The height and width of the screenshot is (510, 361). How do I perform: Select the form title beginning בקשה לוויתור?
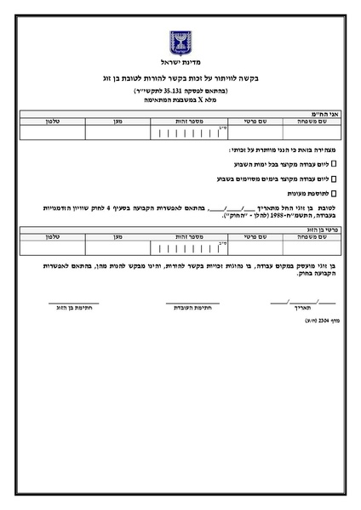[x=180, y=78]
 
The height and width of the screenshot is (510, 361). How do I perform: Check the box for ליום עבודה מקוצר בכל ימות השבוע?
[x=333, y=162]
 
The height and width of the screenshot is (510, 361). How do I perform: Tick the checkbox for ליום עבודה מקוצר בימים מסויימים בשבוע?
[x=333, y=178]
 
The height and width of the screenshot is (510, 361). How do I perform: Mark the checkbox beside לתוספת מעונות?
[x=333, y=195]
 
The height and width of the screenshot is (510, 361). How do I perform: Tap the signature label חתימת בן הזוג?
[x=72, y=307]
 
